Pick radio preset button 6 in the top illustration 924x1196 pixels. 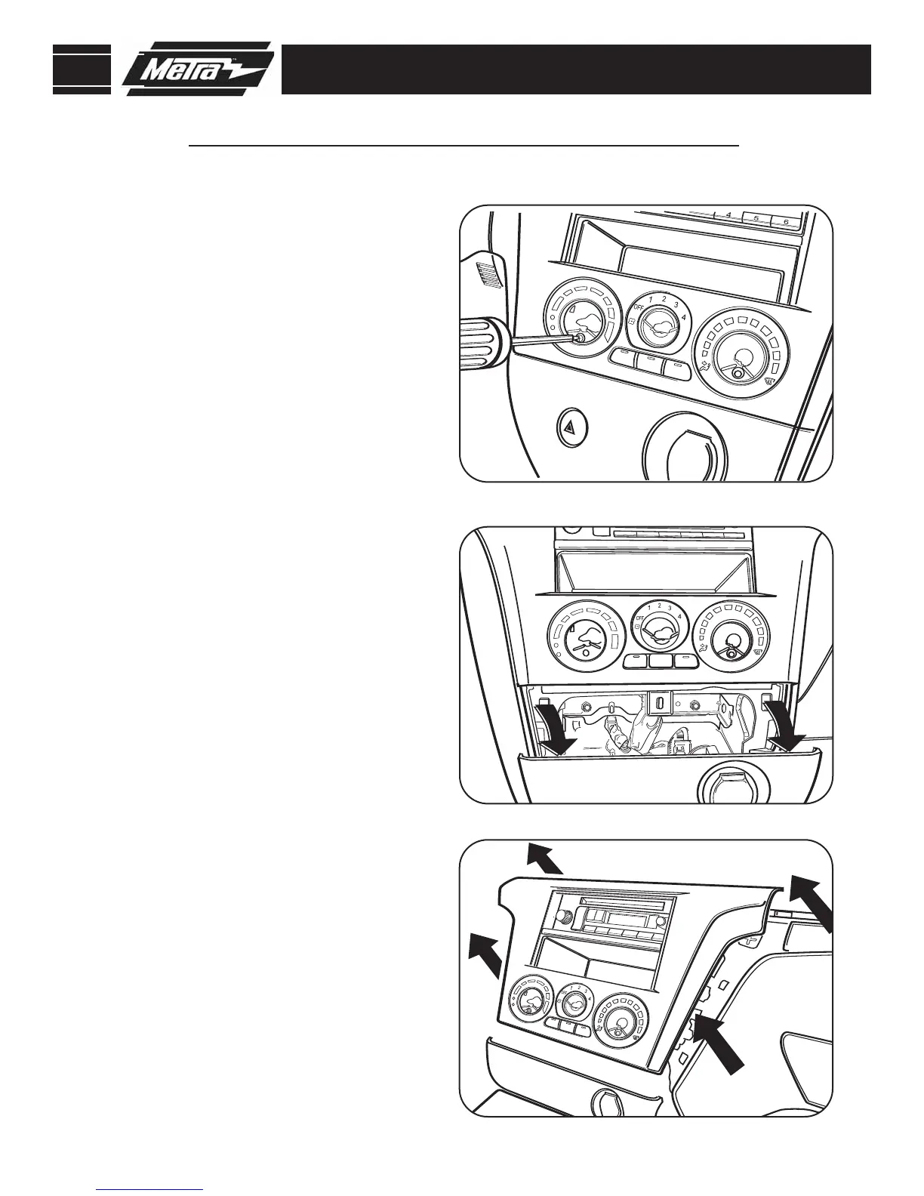pos(786,222)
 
